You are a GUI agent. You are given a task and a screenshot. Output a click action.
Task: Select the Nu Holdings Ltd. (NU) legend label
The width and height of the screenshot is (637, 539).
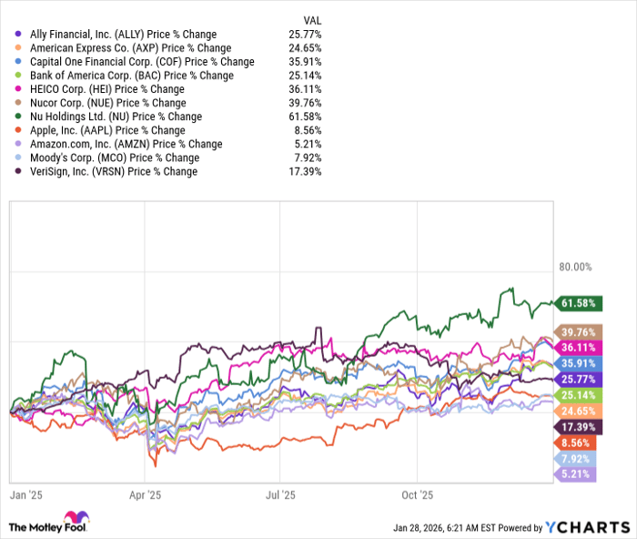pyautogui.click(x=114, y=117)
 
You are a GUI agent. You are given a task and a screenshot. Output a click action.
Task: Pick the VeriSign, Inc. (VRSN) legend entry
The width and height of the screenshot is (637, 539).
pyautogui.click(x=114, y=171)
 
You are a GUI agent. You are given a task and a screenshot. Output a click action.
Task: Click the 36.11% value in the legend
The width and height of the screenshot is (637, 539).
pyautogui.click(x=304, y=89)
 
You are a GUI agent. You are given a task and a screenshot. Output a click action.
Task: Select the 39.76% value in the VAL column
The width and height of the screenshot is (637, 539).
pyautogui.click(x=304, y=103)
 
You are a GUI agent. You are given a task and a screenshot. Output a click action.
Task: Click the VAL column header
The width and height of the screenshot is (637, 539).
pyautogui.click(x=310, y=20)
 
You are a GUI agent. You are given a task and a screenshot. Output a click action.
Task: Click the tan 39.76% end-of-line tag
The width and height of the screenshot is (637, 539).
pyautogui.click(x=580, y=331)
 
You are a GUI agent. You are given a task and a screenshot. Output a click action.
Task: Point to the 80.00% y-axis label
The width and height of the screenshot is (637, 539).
pyautogui.click(x=575, y=268)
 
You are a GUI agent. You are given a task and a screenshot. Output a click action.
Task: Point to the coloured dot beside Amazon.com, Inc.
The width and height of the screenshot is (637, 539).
pyautogui.click(x=20, y=144)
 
